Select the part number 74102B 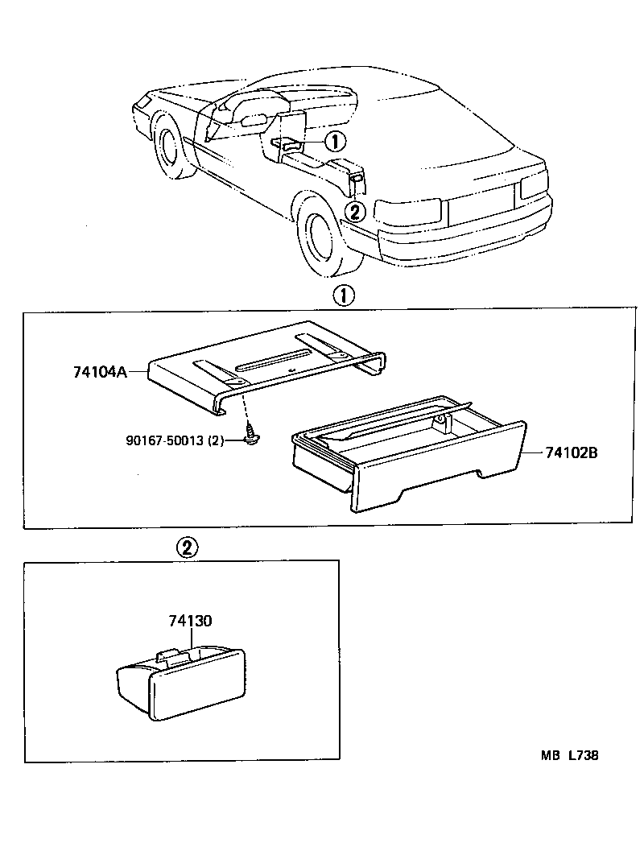point(571,453)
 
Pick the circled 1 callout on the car point(335,142)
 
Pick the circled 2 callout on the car point(354,212)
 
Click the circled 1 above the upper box point(344,295)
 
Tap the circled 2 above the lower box point(185,549)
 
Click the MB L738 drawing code point(569,755)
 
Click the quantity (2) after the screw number point(216,440)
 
